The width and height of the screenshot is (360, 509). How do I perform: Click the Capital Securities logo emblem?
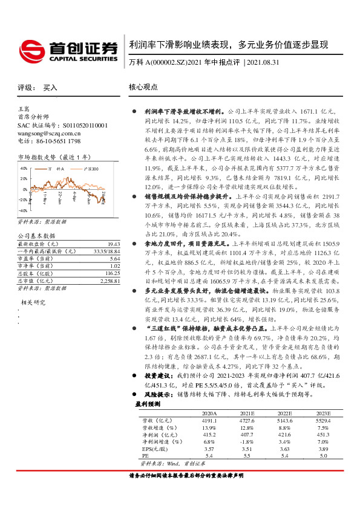click(30, 48)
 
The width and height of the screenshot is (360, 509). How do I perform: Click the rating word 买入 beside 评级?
click(50, 88)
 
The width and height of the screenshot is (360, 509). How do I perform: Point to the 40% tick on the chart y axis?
click(24, 169)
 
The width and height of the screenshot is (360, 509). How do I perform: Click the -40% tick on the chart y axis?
click(22, 212)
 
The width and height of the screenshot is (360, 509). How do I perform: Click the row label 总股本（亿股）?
click(36, 273)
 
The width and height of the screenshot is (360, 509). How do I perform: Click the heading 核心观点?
click(144, 87)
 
